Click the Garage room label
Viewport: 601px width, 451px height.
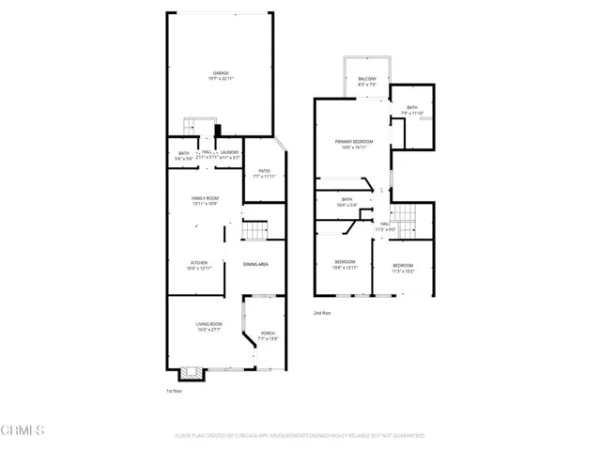point(221,74)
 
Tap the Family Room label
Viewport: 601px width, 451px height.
point(205,201)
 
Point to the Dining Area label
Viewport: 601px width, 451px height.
point(256,265)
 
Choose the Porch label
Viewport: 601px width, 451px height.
point(268,335)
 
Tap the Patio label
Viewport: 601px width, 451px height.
point(265,173)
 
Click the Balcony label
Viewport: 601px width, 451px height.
point(367,82)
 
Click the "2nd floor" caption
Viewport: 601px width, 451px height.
point(324,313)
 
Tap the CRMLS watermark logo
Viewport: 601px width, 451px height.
point(24,431)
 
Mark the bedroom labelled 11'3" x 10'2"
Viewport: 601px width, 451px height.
point(404,268)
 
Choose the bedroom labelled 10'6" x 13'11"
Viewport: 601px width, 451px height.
point(346,265)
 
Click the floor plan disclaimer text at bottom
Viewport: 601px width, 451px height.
point(300,436)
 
